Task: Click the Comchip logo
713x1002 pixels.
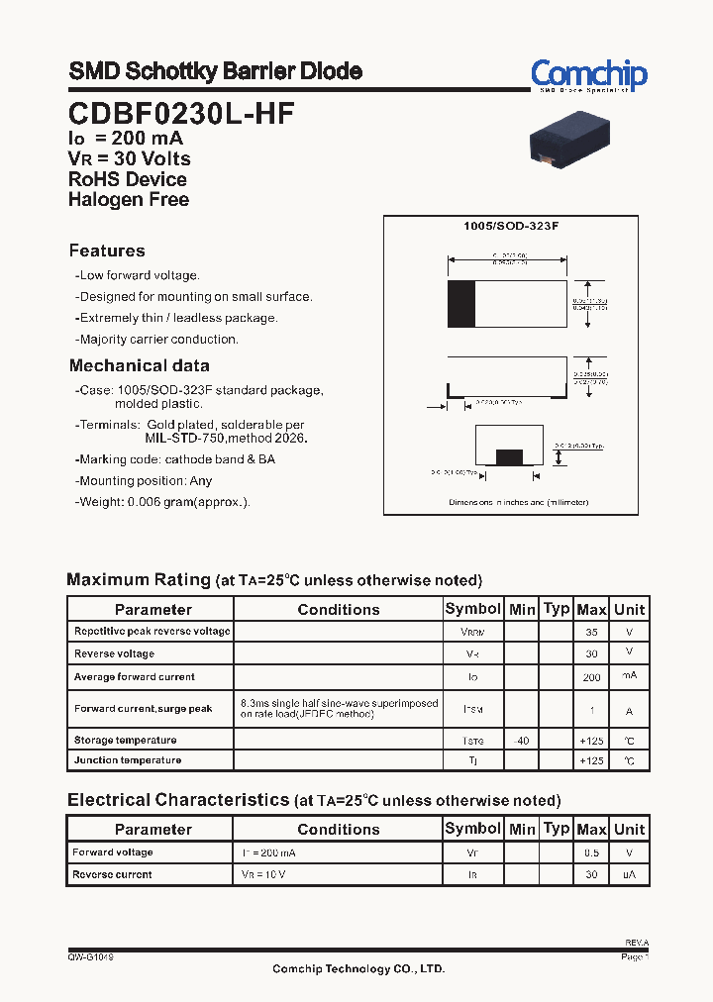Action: [588, 75]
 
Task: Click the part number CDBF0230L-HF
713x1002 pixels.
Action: [181, 114]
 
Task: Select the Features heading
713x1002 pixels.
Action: [107, 251]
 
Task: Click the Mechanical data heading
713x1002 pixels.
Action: [139, 365]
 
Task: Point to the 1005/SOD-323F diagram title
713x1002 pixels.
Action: [511, 227]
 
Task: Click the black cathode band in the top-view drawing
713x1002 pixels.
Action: [460, 304]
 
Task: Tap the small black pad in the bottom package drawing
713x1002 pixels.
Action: [508, 456]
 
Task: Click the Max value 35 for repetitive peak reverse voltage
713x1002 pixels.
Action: [591, 632]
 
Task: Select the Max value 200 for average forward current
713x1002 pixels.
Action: [591, 677]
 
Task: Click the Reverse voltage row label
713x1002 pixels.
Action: [114, 654]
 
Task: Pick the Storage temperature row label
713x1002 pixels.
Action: [125, 741]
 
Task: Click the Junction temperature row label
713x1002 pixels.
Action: [127, 760]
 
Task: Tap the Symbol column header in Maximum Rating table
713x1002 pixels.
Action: [472, 609]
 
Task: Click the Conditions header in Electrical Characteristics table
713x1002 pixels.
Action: [338, 830]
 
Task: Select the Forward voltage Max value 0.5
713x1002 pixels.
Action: [591, 852]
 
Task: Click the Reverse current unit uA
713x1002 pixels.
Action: [629, 874]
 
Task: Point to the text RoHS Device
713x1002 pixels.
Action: [127, 179]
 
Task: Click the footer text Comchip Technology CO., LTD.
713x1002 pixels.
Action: [358, 969]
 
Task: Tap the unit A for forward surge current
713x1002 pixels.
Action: [629, 710]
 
